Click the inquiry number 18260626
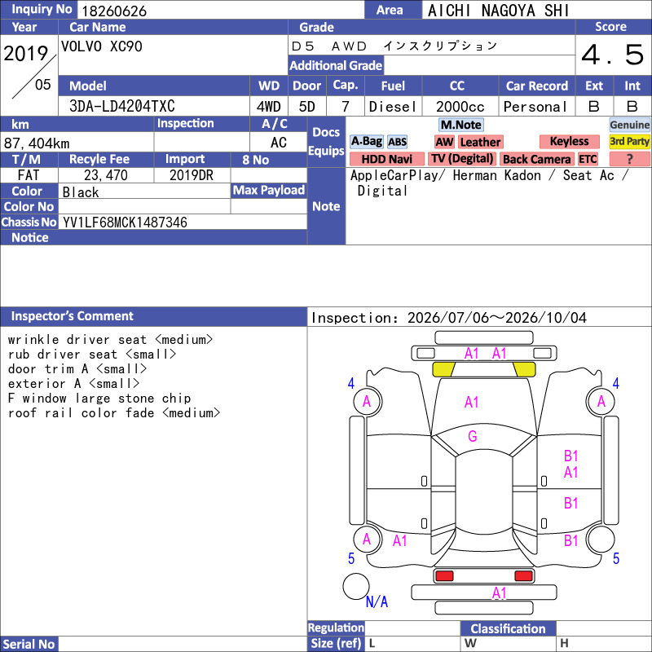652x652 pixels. tap(114, 11)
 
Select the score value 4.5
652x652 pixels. tap(613, 55)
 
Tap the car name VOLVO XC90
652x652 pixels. tap(101, 46)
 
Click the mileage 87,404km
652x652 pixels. tap(37, 143)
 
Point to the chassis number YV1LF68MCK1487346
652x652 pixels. tap(125, 222)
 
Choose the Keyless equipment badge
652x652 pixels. tap(569, 142)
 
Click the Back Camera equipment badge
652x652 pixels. tap(537, 159)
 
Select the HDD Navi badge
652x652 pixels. tap(386, 159)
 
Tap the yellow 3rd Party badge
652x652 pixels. tap(629, 142)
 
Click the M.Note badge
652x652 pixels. tap(461, 125)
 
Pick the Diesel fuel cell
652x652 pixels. tap(393, 107)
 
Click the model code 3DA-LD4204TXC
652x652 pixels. tap(121, 107)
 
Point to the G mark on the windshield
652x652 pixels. tap(473, 436)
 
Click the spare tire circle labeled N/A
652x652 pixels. tap(356, 586)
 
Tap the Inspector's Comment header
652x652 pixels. tap(72, 316)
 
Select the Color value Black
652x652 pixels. tap(81, 192)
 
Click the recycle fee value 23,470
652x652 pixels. tap(106, 175)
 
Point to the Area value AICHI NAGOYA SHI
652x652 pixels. tap(498, 11)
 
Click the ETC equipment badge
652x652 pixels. tap(588, 159)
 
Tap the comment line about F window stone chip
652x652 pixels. tap(99, 399)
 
